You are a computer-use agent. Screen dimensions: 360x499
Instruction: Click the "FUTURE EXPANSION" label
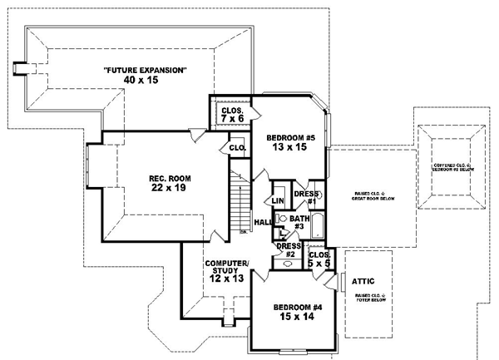(145, 69)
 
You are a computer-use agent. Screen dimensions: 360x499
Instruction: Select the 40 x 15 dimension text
(145, 81)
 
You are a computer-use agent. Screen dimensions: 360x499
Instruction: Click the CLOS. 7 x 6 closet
(231, 115)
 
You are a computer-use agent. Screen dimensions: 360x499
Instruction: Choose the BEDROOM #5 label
(290, 137)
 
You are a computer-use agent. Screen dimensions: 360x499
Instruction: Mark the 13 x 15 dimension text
(290, 149)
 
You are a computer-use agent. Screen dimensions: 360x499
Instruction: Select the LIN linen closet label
(278, 200)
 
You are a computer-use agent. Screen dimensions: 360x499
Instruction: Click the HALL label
(262, 222)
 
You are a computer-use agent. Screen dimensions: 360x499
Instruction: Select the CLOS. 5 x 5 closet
(320, 259)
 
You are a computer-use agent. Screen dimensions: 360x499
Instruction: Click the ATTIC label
(364, 281)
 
